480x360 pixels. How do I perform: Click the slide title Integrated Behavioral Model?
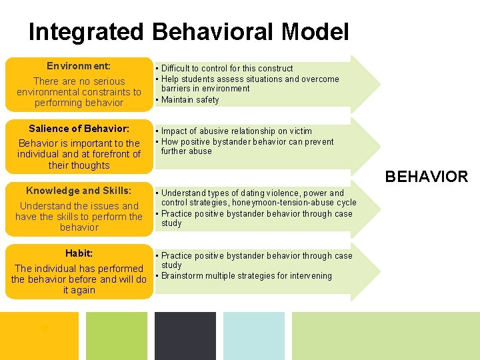tap(189, 31)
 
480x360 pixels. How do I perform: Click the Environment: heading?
tap(79, 66)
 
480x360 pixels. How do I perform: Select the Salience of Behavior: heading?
tap(79, 128)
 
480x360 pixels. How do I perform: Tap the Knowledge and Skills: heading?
tap(79, 191)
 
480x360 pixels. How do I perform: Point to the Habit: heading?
tap(79, 253)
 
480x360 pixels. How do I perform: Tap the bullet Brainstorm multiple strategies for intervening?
tap(246, 276)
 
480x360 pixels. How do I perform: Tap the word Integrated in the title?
tap(85, 31)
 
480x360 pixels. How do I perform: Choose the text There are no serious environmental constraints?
tap(79, 87)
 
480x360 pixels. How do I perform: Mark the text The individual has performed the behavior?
tap(79, 274)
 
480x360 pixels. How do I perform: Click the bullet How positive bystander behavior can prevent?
tap(247, 142)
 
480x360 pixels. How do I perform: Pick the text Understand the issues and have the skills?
tap(79, 211)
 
